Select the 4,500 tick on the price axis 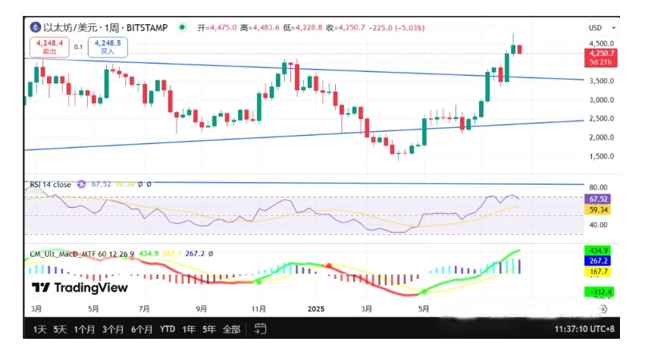[x=601, y=44]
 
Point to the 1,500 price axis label [x=601, y=156]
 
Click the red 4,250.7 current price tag [x=601, y=54]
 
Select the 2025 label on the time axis [x=317, y=309]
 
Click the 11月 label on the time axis [x=259, y=309]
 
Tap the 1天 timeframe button [x=39, y=330]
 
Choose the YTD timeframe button [x=168, y=330]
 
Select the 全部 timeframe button [x=231, y=330]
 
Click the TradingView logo [x=80, y=288]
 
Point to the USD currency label [x=595, y=28]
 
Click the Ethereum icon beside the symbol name [x=35, y=27]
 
